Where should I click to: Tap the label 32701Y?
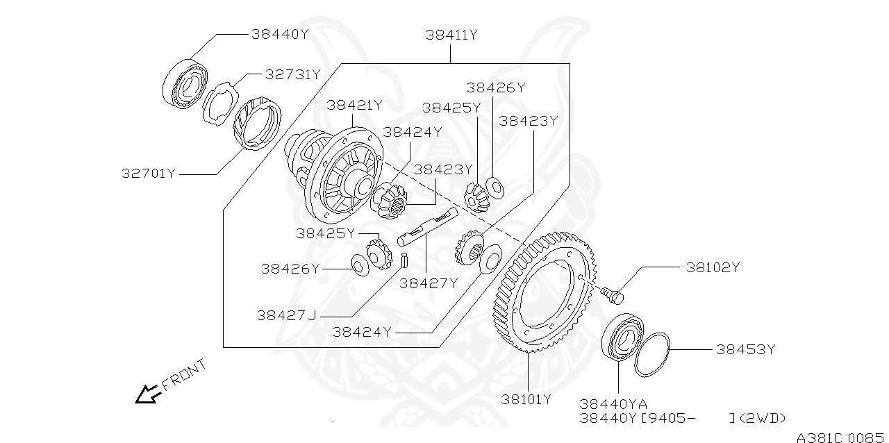coord(149,174)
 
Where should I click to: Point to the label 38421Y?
coord(354,106)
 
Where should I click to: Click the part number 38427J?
coord(286,315)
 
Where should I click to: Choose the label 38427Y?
coord(429,283)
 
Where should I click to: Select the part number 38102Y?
coord(713,267)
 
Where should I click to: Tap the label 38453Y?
coord(745,349)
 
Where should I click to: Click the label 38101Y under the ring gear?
coord(526,399)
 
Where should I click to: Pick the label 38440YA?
coord(613,404)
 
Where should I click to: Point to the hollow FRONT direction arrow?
coord(147,395)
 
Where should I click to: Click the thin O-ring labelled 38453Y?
coord(653,354)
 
